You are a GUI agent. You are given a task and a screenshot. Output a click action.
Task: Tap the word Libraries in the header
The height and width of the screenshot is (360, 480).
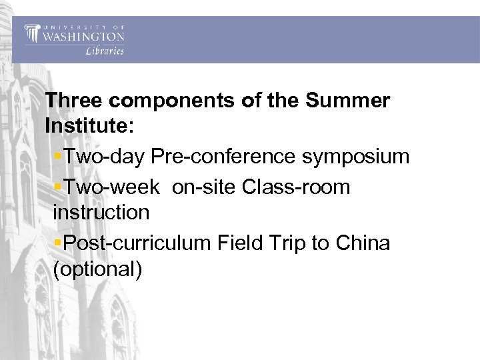click(105, 51)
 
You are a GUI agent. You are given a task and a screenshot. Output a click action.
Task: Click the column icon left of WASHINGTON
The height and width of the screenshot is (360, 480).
click(31, 33)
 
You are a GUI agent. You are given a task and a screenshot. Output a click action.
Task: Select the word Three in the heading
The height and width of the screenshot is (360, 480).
click(73, 101)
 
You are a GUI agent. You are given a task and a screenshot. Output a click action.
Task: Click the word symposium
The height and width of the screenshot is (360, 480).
click(356, 157)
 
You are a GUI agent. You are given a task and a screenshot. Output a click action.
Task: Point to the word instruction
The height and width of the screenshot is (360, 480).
click(101, 213)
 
